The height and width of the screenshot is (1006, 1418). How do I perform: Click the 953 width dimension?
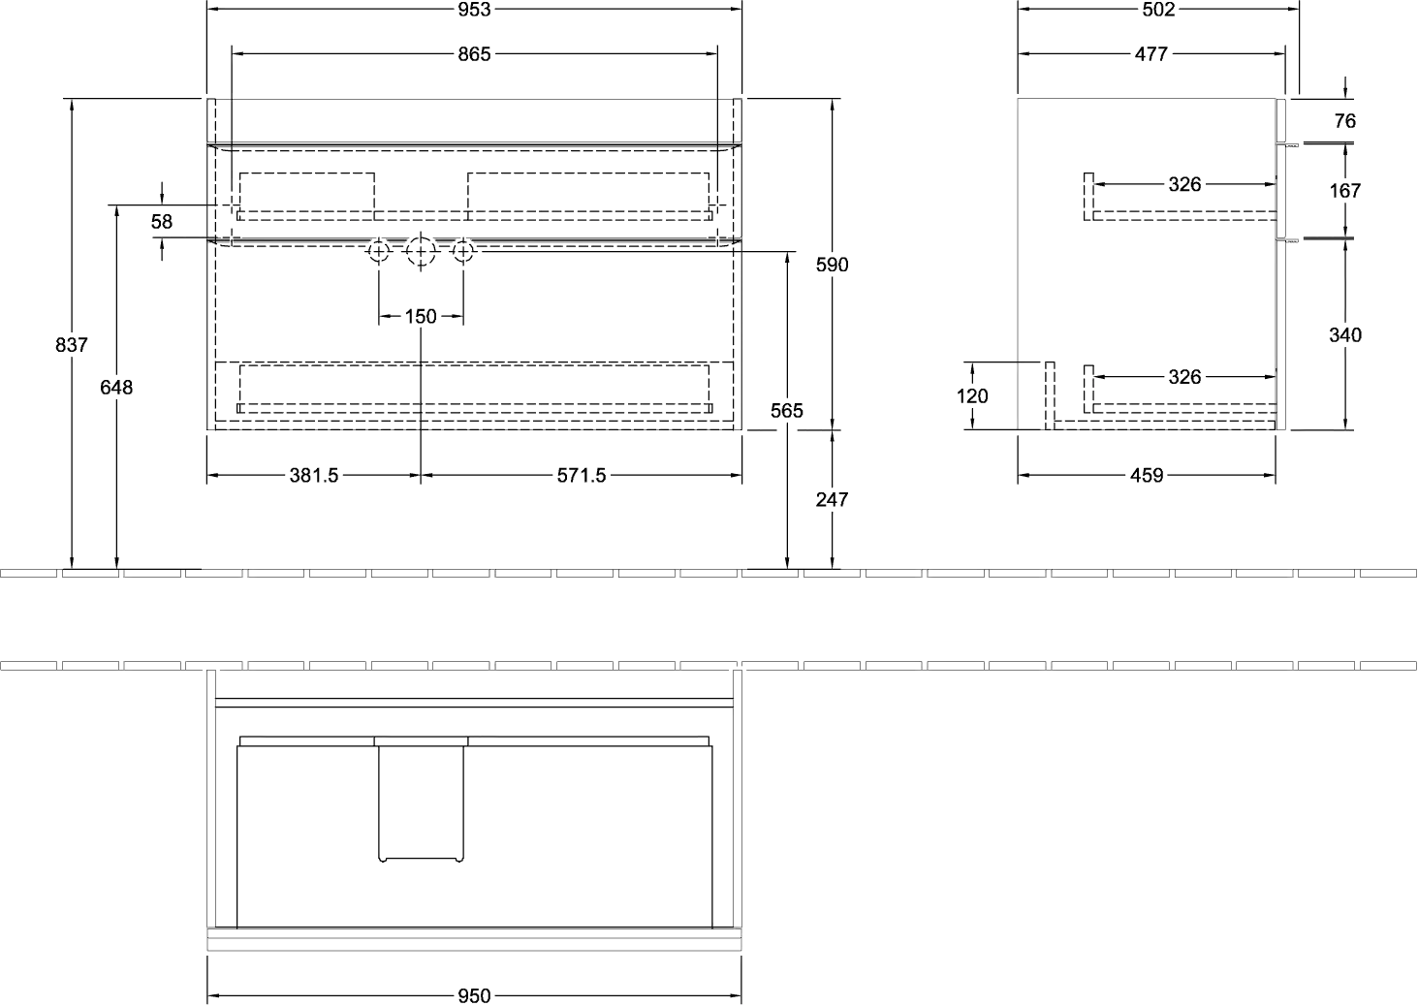474,10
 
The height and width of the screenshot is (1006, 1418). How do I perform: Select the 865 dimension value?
474,54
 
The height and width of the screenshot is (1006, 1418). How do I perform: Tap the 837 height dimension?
72,345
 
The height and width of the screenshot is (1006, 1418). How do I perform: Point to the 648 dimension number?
116,388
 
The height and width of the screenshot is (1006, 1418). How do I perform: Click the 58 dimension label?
162,222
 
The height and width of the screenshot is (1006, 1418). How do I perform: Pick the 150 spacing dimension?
421,317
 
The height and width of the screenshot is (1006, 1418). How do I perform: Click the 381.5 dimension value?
314,476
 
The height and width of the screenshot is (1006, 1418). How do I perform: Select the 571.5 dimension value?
582,476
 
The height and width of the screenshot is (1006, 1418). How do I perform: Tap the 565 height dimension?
787,411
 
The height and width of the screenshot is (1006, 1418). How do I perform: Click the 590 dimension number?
832,265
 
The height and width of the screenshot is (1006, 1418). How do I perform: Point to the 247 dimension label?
832,500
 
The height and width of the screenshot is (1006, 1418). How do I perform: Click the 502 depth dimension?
1158,10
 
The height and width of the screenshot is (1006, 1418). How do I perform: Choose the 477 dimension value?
1150,54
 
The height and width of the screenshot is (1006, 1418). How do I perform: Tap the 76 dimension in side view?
1345,121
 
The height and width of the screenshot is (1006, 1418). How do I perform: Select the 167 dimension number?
1345,191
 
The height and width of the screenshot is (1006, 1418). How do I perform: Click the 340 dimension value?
1345,335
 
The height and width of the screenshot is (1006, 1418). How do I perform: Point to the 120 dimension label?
972,396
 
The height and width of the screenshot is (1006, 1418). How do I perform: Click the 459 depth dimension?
1147,476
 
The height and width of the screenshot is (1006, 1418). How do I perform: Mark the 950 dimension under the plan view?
474,996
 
